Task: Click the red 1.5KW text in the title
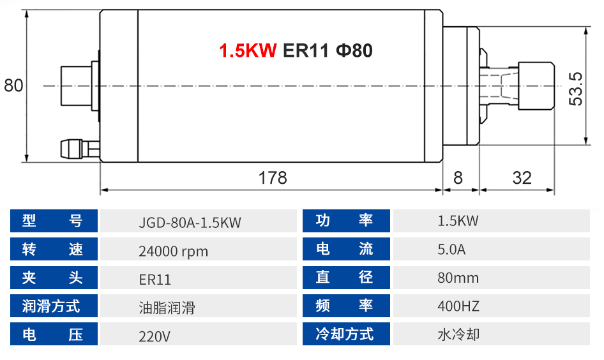[248, 50]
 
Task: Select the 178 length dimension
[273, 177]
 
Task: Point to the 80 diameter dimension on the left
[13, 86]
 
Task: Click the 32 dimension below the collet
[522, 177]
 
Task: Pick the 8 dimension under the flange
[458, 177]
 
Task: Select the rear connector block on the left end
[75, 86]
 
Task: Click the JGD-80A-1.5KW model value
[190, 222]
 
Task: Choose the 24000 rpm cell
[174, 251]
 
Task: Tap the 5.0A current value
[451, 250]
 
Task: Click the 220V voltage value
[155, 335]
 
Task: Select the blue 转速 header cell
[54, 250]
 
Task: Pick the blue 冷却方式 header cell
[345, 334]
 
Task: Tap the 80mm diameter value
[458, 278]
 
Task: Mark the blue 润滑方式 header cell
[54, 306]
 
